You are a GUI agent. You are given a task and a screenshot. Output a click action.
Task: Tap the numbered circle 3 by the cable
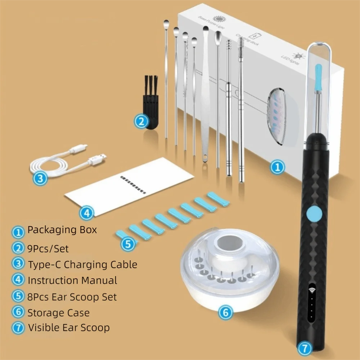pyautogui.click(x=40, y=178)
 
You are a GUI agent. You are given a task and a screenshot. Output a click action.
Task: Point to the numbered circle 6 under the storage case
pyautogui.click(x=225, y=312)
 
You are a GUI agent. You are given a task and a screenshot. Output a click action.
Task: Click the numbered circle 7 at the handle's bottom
pyautogui.click(x=304, y=348)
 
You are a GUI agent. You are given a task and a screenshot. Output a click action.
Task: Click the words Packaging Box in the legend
pyautogui.click(x=62, y=230)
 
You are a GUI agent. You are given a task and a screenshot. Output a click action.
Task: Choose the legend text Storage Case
pyautogui.click(x=58, y=312)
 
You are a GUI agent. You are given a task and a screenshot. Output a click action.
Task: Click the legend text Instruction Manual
pyautogui.click(x=72, y=280)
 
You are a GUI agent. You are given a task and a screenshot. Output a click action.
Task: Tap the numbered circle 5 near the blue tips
pyautogui.click(x=128, y=244)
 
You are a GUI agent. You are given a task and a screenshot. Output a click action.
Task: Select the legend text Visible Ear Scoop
pyautogui.click(x=68, y=328)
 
